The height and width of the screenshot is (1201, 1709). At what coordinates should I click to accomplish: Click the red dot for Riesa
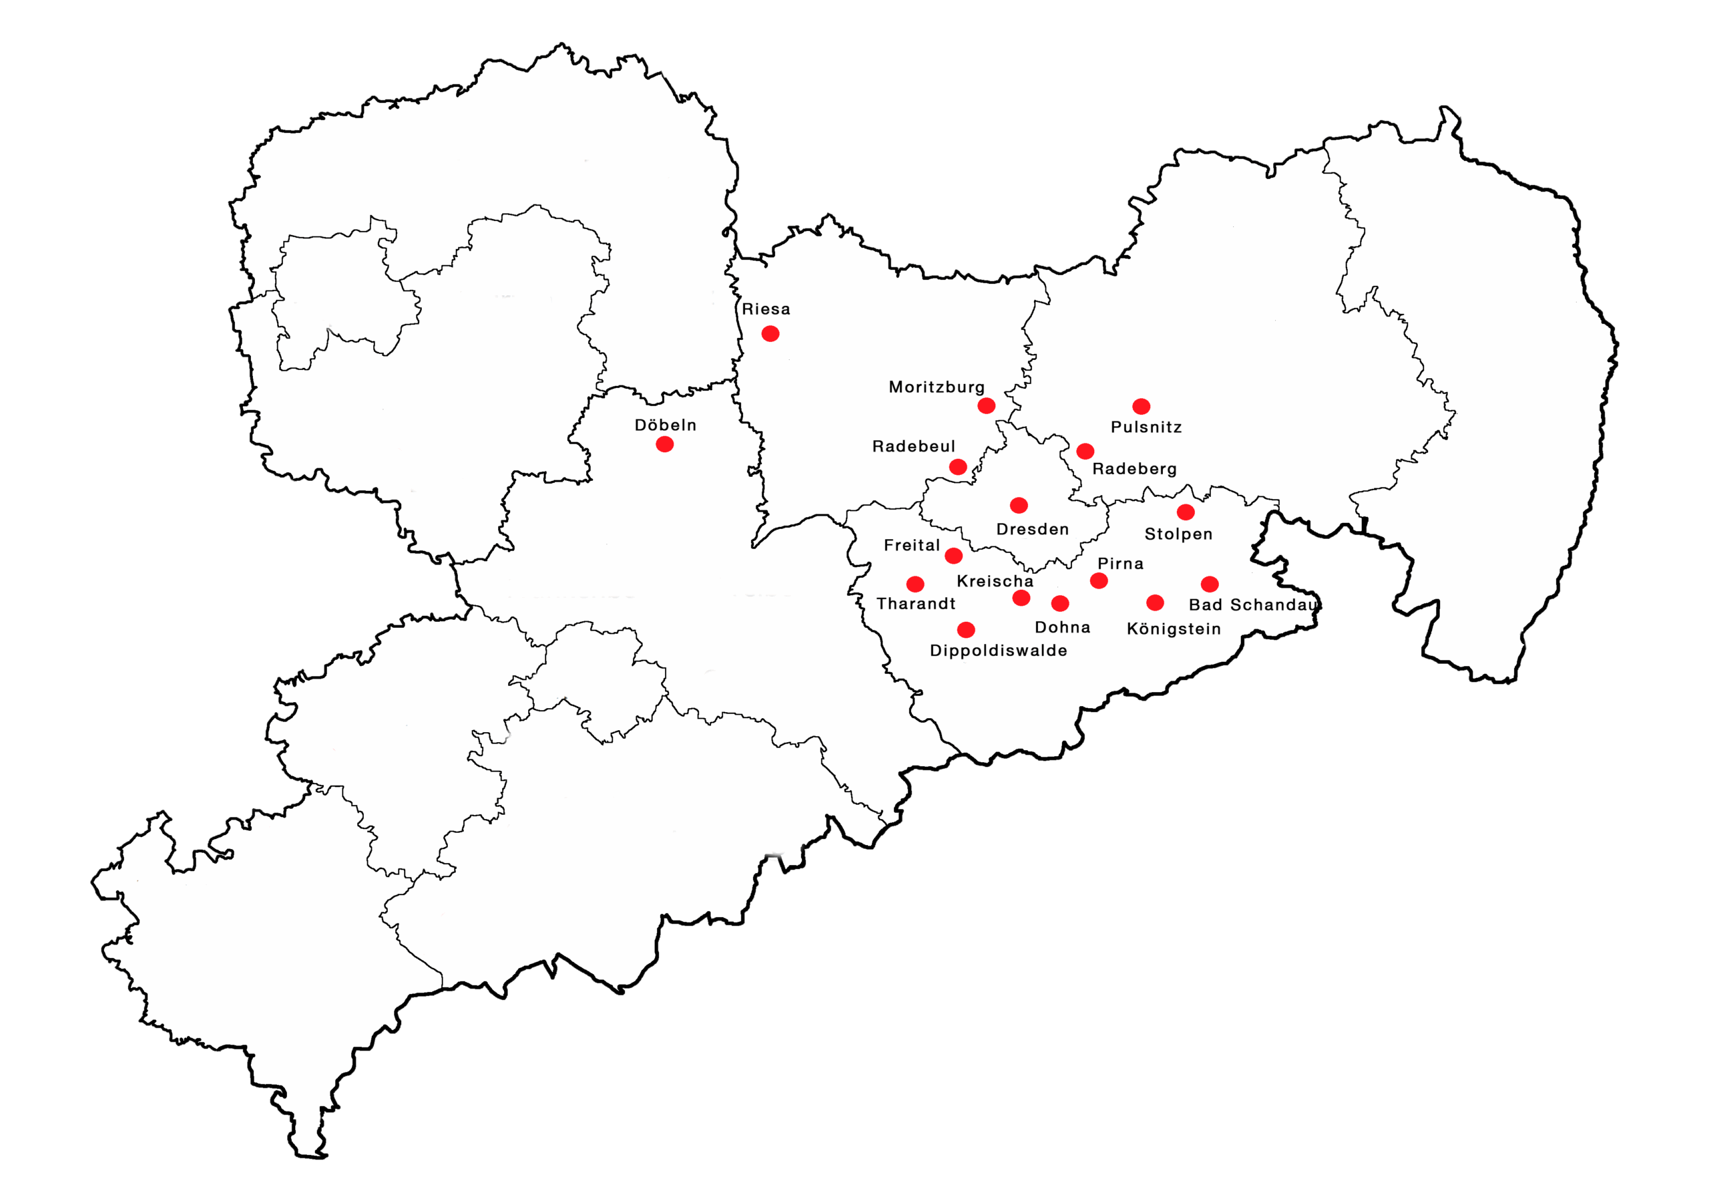770,333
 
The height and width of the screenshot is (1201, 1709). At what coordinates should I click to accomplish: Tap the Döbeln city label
666,425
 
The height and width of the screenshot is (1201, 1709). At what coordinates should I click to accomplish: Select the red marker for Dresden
1019,506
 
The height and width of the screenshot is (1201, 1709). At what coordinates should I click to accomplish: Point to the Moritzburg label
937,387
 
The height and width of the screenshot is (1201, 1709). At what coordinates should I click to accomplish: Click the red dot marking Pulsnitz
1141,406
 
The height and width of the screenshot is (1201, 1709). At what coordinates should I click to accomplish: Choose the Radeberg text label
1134,469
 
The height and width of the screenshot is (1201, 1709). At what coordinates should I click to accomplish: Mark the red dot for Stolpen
1186,512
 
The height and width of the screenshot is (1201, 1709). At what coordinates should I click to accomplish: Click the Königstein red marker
1155,603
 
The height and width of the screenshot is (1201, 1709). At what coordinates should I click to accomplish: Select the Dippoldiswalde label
998,651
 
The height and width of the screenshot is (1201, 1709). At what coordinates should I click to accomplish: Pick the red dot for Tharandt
915,584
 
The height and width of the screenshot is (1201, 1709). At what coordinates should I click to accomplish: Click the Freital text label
912,545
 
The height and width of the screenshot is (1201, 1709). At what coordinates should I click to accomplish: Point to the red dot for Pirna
1099,580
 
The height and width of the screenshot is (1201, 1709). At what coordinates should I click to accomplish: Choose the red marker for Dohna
1060,603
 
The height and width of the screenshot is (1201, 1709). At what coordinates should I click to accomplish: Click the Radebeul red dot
958,467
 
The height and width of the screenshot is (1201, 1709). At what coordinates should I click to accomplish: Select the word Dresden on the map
1032,530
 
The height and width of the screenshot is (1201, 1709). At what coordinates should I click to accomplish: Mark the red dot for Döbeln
665,444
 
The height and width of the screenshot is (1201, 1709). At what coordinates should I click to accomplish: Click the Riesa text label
766,309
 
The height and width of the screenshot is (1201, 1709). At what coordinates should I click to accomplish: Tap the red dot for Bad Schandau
1210,584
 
